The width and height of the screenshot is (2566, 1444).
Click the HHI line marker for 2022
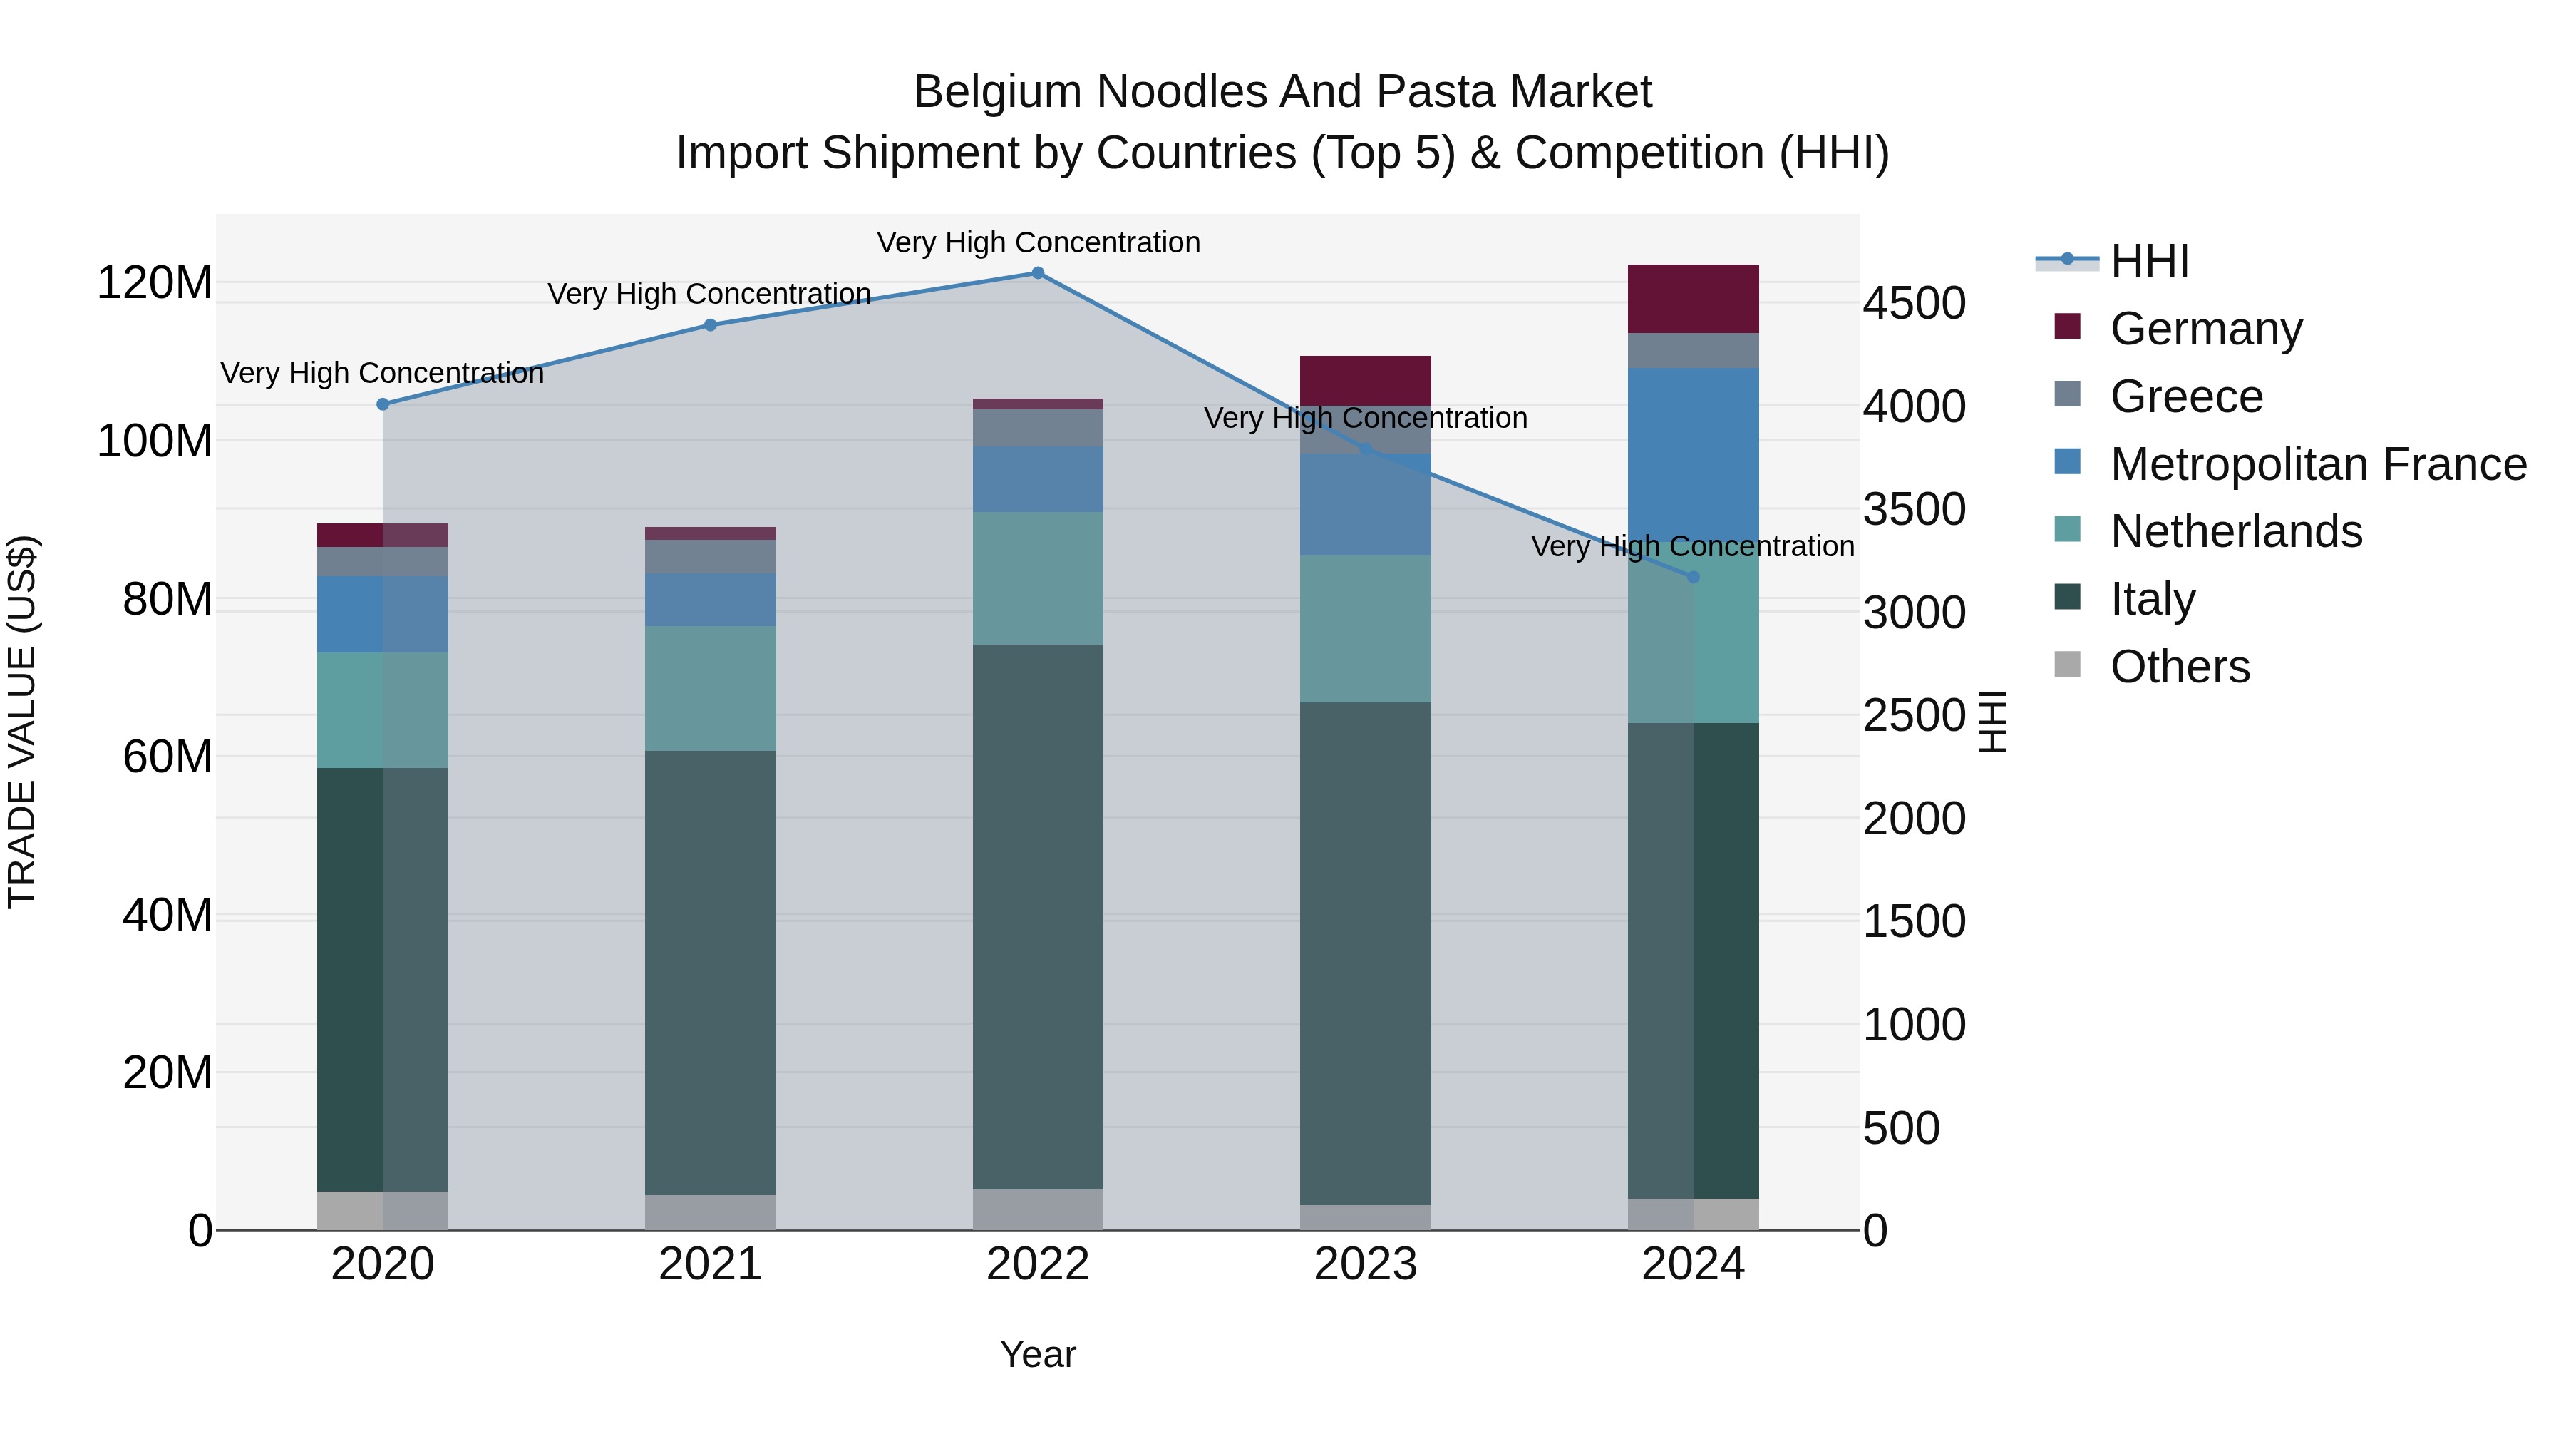click(x=1037, y=273)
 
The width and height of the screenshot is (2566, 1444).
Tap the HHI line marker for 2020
click(x=383, y=404)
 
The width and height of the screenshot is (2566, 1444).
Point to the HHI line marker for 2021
click(x=710, y=325)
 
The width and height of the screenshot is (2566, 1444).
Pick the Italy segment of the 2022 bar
click(x=1037, y=917)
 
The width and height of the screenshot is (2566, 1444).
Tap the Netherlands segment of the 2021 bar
click(x=710, y=687)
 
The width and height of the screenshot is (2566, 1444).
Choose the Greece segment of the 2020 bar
click(x=383, y=561)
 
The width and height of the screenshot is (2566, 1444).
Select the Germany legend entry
click(x=2205, y=329)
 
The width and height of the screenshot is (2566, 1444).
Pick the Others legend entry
click(x=2180, y=667)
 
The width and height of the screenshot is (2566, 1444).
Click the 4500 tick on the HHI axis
click(x=1914, y=304)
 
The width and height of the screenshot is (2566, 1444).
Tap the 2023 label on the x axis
click(x=1365, y=1264)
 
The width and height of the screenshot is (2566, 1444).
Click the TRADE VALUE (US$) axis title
click(x=22, y=722)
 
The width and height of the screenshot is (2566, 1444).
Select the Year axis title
click(x=1037, y=1354)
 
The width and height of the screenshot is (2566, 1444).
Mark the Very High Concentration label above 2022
click(x=1038, y=242)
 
